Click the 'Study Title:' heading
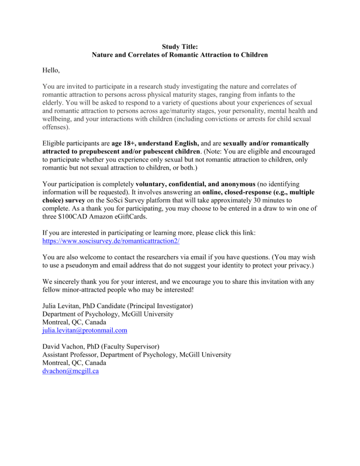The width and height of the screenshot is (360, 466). [x=180, y=46]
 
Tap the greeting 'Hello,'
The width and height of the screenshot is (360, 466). [x=51, y=71]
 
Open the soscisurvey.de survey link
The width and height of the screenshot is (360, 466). [x=111, y=241]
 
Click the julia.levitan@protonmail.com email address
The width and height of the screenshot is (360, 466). [x=85, y=330]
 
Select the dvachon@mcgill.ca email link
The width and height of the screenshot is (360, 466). [x=71, y=371]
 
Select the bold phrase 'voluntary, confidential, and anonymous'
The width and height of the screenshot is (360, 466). [x=196, y=184]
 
